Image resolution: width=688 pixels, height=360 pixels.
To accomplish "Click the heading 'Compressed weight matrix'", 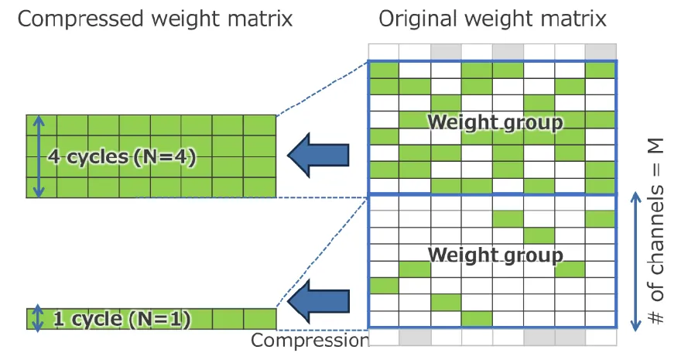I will coord(155,19).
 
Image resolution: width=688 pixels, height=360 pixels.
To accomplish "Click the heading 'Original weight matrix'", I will coord(492,19).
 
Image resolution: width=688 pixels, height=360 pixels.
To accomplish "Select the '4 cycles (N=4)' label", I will coord(122,156).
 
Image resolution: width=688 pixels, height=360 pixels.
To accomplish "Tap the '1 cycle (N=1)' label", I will coord(122,318).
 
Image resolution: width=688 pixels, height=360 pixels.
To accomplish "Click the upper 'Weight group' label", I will coord(495,122).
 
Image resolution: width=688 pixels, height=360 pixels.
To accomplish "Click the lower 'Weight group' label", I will coord(495,254).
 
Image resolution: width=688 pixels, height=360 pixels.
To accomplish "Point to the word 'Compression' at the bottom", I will coord(308,341).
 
